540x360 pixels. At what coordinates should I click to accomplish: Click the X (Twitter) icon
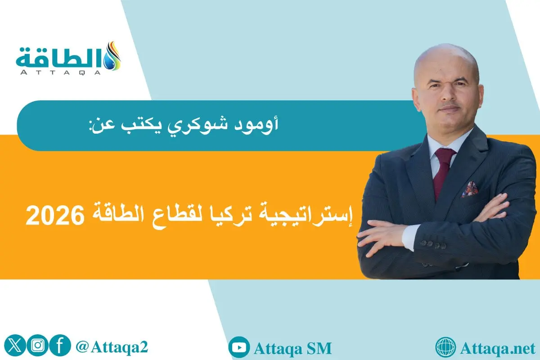(14, 346)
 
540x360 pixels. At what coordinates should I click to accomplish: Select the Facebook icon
(59, 346)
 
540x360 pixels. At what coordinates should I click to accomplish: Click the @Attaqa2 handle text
(112, 347)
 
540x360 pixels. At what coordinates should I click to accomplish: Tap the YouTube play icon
(239, 347)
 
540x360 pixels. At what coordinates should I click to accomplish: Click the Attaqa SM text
(293, 348)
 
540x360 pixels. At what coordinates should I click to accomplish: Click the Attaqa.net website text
(497, 348)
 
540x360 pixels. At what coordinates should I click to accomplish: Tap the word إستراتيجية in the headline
(312, 218)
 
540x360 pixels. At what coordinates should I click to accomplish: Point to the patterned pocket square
(470, 189)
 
